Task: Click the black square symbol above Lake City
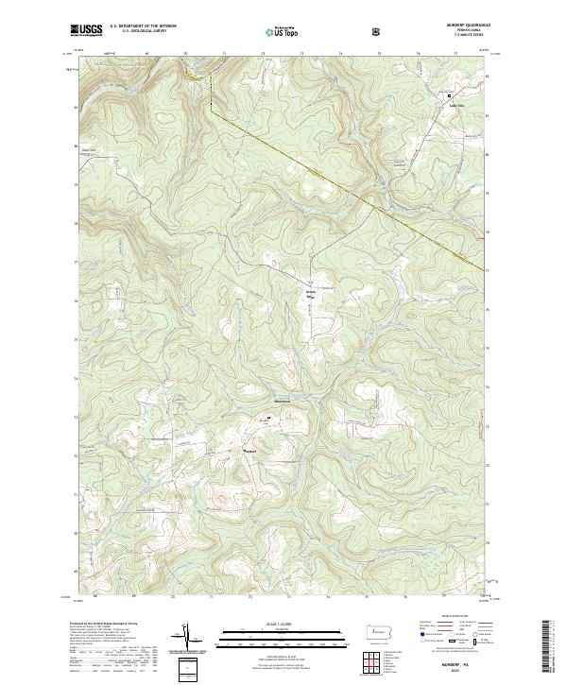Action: coord(450,95)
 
